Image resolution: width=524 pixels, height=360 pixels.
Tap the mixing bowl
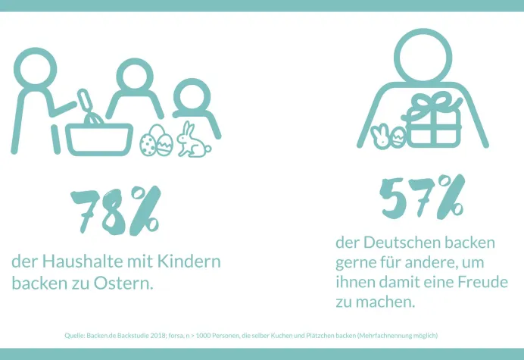98,138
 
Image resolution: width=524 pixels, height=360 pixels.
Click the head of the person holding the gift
424,56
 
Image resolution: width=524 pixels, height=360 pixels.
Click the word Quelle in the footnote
76,335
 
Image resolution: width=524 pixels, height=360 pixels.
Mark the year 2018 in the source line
158,335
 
